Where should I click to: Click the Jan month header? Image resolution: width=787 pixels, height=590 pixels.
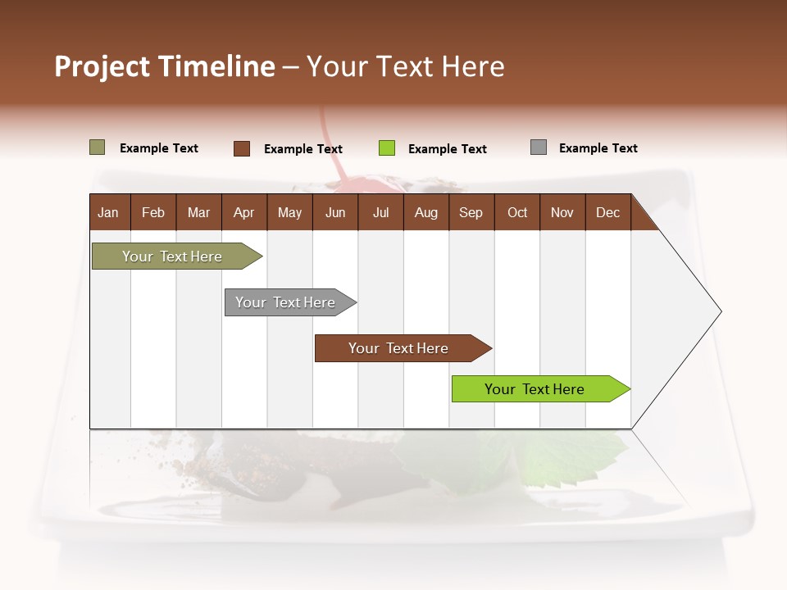(109, 212)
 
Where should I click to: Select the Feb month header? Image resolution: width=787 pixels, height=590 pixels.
(153, 212)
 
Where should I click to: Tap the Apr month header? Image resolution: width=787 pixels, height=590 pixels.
(244, 212)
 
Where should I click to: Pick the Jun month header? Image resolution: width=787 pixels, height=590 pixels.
(335, 212)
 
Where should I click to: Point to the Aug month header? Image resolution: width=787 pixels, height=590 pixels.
(426, 212)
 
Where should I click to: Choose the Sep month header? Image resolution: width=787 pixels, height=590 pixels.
(471, 212)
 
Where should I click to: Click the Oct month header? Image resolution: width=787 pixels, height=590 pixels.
(517, 212)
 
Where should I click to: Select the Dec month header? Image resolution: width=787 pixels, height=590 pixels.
(608, 212)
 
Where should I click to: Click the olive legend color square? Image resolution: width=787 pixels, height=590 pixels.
(98, 147)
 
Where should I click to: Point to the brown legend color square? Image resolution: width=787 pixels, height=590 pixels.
(242, 148)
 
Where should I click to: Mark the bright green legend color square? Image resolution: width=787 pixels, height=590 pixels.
(387, 148)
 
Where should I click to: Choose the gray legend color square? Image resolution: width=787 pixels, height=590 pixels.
(539, 147)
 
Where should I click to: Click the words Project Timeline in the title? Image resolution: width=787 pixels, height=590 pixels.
(165, 66)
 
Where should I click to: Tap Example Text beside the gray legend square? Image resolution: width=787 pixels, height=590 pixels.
(598, 148)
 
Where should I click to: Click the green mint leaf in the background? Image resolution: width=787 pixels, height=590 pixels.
(574, 459)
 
